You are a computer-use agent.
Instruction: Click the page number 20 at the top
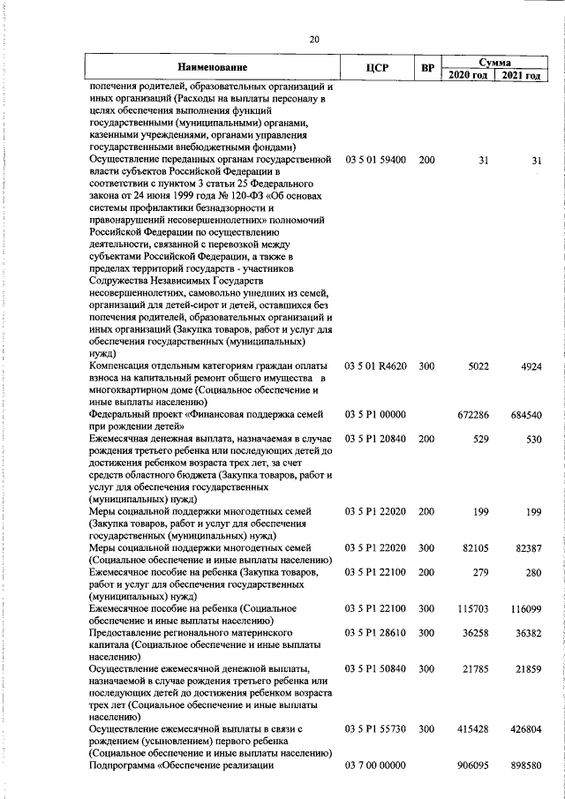tap(314, 38)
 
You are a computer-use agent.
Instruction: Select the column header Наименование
tap(212, 68)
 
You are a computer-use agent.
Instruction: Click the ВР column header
tap(427, 68)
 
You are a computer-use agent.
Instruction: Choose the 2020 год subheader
tap(468, 75)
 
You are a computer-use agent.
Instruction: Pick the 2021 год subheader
tap(521, 75)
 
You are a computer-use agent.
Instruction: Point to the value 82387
tap(525, 547)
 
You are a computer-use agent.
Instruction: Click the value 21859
tap(525, 669)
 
